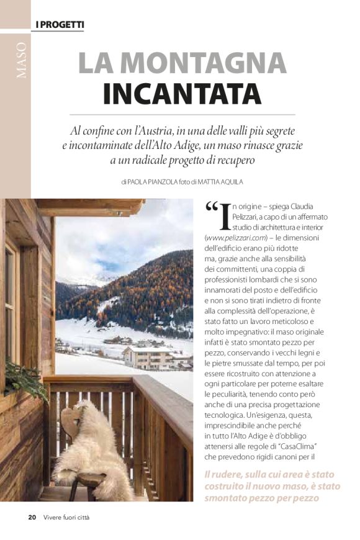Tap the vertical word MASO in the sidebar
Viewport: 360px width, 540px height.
(x=22, y=61)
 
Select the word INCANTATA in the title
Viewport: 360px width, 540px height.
(x=182, y=94)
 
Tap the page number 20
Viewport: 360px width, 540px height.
(x=32, y=517)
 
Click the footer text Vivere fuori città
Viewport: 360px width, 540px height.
(x=67, y=517)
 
